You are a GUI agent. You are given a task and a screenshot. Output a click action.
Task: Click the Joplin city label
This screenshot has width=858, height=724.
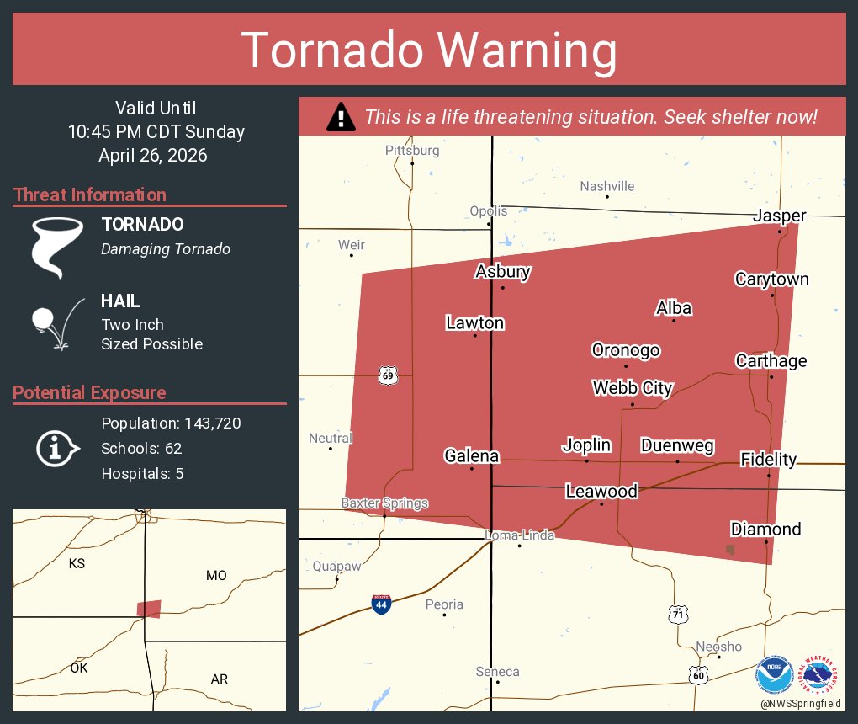586,445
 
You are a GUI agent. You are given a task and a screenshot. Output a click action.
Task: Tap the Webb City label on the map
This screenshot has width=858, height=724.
633,388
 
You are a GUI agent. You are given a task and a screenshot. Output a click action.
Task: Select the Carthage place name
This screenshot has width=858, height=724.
771,361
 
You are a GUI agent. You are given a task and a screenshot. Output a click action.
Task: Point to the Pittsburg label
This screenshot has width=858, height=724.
412,151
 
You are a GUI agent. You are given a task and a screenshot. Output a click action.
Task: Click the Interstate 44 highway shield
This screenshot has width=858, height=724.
381,604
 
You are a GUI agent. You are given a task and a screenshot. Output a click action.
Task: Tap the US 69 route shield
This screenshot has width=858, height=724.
387,375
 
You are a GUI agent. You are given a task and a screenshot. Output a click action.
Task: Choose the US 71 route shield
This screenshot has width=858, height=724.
678,614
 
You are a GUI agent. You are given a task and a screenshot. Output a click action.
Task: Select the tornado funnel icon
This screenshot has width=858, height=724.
56,246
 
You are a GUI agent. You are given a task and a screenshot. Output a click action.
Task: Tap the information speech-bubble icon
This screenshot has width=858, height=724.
56,448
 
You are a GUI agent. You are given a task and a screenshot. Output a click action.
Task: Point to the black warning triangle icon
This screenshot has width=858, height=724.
340,117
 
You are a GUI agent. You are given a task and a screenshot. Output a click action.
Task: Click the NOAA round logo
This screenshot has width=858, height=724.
773,675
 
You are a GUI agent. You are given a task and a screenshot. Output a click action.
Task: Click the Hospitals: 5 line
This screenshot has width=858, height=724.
142,473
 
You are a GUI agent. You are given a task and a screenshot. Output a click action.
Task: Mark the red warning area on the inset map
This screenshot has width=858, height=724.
149,609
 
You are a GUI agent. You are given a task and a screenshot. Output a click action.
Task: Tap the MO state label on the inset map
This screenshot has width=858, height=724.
216,576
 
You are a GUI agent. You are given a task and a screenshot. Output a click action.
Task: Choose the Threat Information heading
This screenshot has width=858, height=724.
90,194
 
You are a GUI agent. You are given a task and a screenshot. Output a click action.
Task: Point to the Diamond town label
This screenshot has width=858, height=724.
765,530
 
